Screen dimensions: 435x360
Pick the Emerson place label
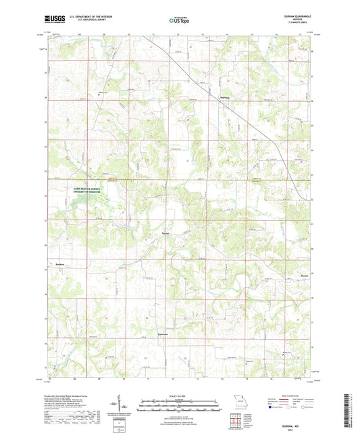pos(162,334)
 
